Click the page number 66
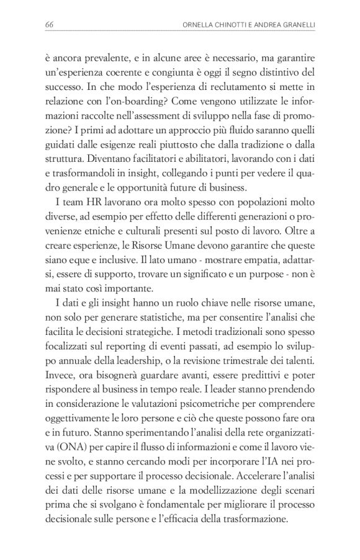click(x=50, y=24)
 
